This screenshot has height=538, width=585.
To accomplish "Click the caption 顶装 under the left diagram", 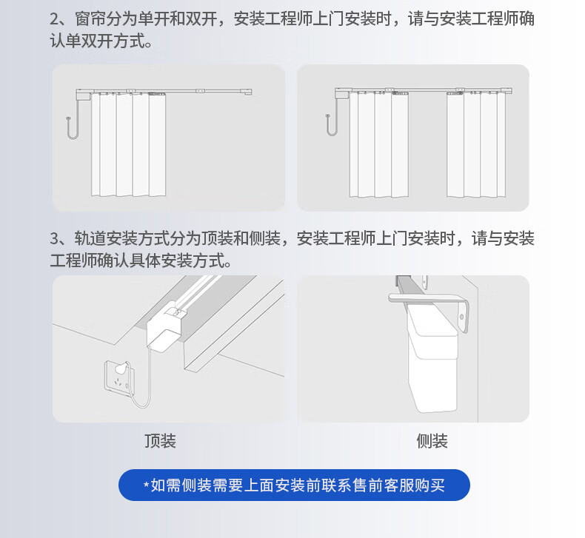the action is tap(160, 441).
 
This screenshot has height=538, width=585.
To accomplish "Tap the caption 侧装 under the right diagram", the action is tap(432, 441).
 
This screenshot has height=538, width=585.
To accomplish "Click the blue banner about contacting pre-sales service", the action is tap(294, 485).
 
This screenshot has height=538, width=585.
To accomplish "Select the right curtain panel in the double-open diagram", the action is tap(476, 144).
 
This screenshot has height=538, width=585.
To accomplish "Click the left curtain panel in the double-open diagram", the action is tap(378, 144).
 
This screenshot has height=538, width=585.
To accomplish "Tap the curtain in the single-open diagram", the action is tap(128, 144).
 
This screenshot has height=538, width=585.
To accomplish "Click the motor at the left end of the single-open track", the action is tap(83, 95).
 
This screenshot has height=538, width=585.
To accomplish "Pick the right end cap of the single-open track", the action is tap(247, 92).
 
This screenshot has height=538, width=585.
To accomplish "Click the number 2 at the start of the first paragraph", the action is tap(55, 19).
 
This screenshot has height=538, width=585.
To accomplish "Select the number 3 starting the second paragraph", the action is tap(55, 238).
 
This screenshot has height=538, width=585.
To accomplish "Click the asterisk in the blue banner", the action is tap(147, 484).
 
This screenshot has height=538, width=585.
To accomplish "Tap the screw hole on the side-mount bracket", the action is tap(462, 317).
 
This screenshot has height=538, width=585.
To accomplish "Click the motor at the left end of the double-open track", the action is tap(341, 93).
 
